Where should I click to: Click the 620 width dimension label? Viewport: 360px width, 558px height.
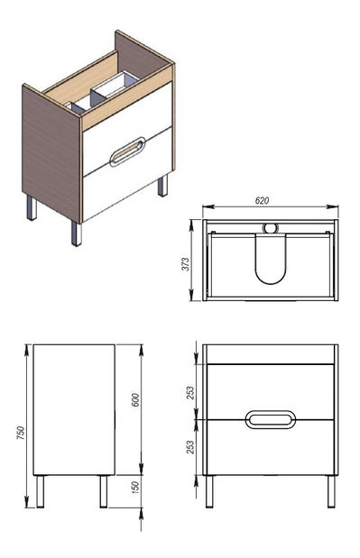click(x=262, y=201)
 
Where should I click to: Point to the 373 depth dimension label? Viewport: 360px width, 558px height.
click(x=186, y=264)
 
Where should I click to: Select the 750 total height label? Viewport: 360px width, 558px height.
click(x=21, y=433)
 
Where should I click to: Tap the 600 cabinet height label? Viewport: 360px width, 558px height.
click(x=135, y=400)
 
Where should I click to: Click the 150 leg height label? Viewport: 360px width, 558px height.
click(x=135, y=489)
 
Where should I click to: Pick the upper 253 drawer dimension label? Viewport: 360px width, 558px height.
click(x=191, y=393)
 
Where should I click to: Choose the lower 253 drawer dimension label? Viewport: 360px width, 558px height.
click(x=191, y=447)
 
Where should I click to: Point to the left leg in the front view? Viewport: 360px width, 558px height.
click(x=209, y=491)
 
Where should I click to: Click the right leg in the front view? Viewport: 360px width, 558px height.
click(x=331, y=491)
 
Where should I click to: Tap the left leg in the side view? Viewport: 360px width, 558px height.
click(x=41, y=491)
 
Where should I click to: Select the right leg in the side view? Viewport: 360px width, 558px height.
click(x=103, y=491)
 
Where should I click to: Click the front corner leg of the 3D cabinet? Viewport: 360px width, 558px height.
click(x=76, y=233)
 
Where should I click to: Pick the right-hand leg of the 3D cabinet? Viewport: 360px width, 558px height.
click(x=162, y=186)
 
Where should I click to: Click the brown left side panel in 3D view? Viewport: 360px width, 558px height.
click(x=51, y=153)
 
